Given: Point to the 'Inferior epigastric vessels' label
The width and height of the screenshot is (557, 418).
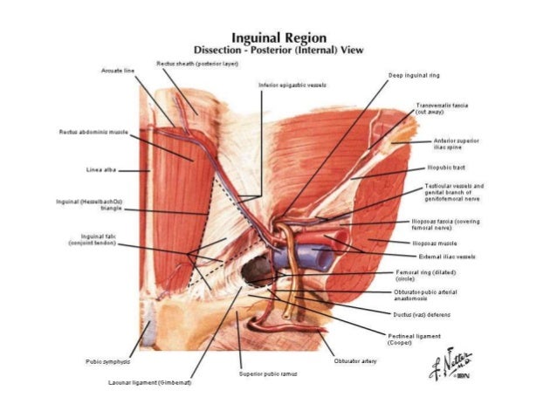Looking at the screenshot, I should (287, 86).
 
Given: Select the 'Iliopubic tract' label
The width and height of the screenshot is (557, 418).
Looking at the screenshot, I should (444, 166).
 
